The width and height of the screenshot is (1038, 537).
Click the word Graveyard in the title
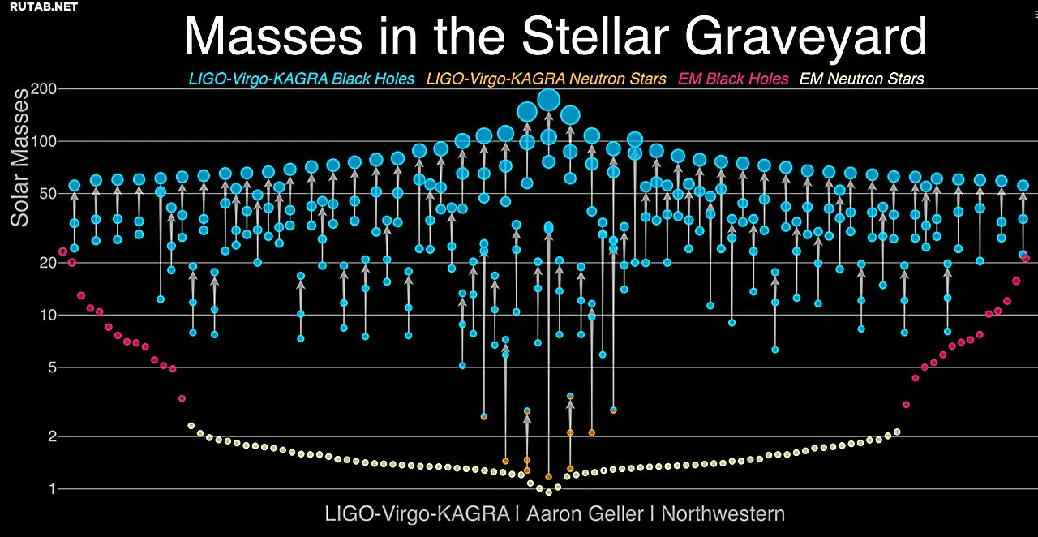[806, 37]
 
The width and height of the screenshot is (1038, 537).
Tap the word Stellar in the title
[595, 36]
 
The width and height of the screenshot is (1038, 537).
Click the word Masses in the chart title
[273, 37]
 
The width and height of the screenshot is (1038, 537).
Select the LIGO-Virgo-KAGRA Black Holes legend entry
[302, 79]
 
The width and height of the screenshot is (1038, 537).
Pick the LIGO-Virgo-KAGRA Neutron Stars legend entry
[547, 79]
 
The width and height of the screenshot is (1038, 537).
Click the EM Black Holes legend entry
[733, 79]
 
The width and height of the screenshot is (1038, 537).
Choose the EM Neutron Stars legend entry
[861, 79]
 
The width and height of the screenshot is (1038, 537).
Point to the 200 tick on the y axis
[43, 88]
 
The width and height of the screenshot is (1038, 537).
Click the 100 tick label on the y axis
[43, 141]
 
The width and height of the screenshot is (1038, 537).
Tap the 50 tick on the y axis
[48, 194]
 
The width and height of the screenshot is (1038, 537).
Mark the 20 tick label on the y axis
[48, 263]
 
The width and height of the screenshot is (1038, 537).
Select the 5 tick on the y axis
[52, 367]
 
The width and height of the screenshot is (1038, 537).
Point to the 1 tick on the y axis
[53, 489]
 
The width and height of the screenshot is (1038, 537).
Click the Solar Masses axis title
[19, 157]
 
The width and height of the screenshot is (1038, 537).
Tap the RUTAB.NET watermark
[44, 6]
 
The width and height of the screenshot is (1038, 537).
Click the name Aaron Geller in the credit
[585, 513]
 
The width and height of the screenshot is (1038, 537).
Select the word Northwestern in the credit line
[723, 513]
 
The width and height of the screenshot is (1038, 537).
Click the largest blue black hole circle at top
[549, 100]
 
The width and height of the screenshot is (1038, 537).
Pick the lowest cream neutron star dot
[549, 492]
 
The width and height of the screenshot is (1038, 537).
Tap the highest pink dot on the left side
[63, 251]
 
